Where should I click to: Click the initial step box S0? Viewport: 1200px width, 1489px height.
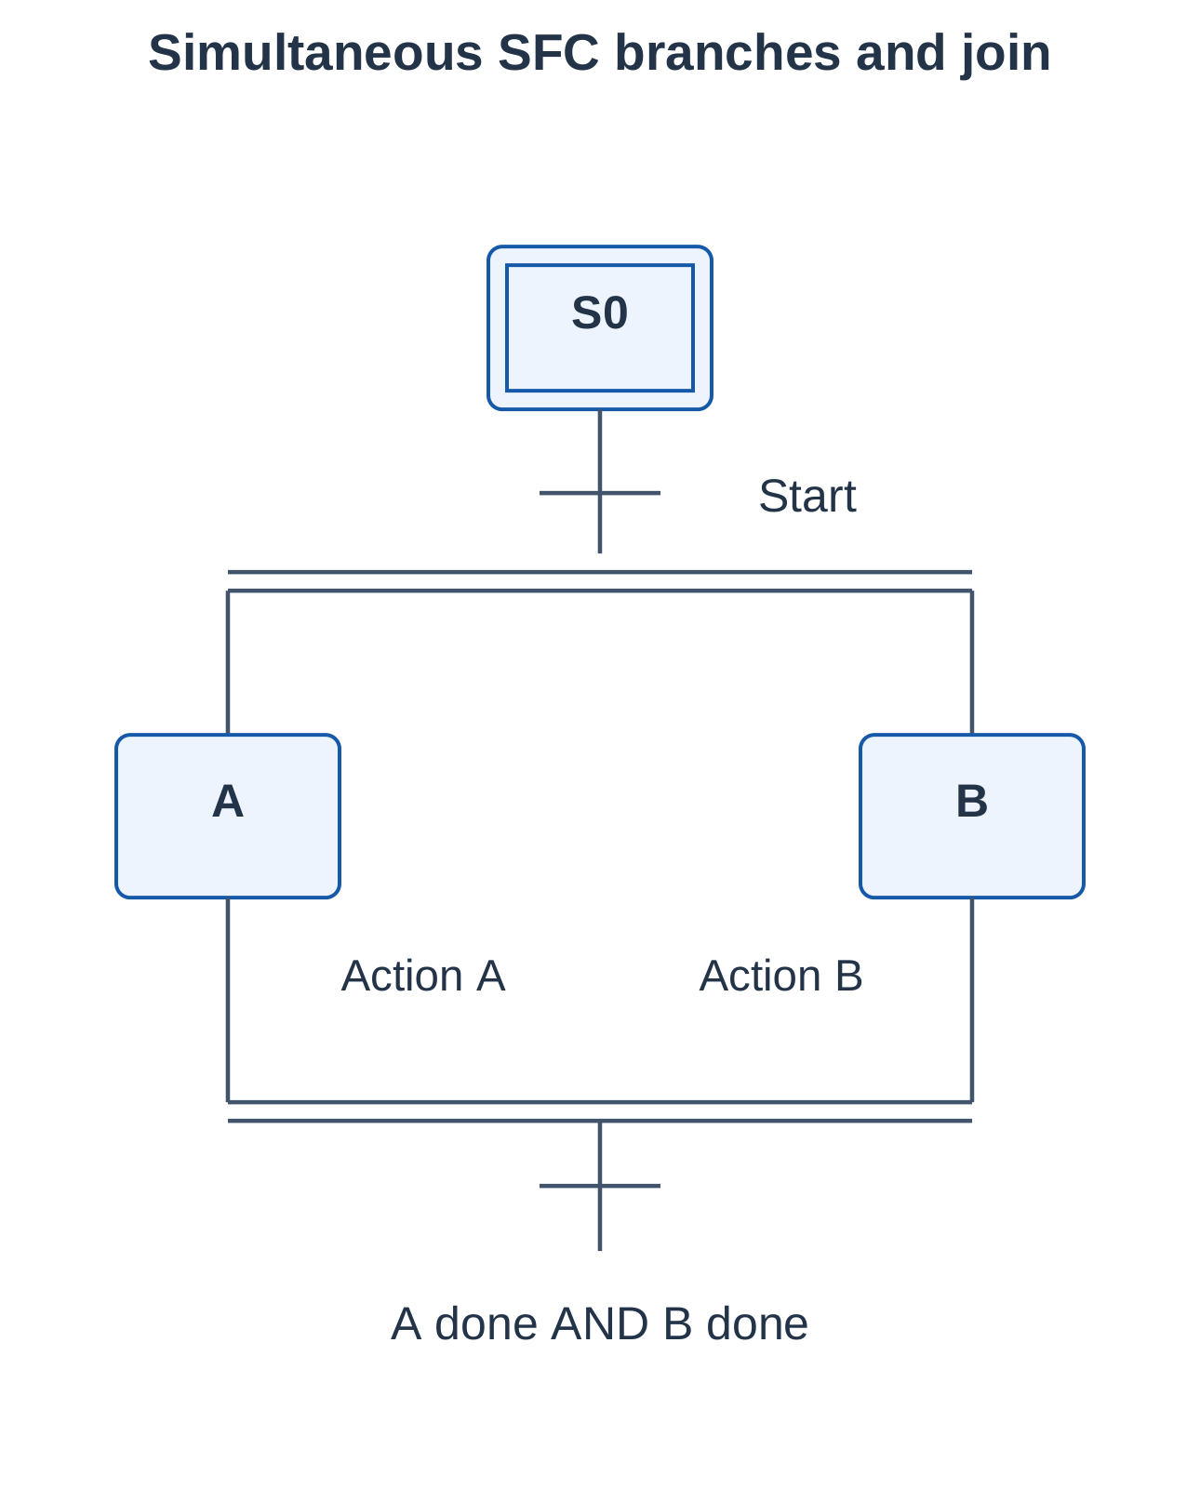click(x=599, y=328)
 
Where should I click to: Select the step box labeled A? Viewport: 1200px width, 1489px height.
click(x=228, y=816)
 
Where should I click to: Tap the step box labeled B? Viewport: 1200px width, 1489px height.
click(x=971, y=816)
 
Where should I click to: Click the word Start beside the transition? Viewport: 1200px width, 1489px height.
click(x=807, y=496)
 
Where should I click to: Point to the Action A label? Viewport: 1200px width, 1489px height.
click(x=423, y=976)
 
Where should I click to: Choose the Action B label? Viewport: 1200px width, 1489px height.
click(x=780, y=976)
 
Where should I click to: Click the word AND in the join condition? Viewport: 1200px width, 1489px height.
click(x=599, y=1324)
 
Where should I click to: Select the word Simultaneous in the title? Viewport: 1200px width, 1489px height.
click(x=314, y=53)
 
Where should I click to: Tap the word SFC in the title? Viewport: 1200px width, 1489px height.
click(x=548, y=53)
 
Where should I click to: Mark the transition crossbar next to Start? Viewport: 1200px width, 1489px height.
click(x=599, y=493)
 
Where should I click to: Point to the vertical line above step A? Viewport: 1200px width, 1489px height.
click(x=228, y=662)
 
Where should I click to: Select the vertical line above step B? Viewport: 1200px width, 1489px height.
click(x=971, y=662)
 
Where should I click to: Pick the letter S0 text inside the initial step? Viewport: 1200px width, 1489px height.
click(x=599, y=312)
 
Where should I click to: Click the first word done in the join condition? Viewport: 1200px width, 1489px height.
click(x=486, y=1324)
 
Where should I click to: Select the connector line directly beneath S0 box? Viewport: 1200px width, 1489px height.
click(x=599, y=482)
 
